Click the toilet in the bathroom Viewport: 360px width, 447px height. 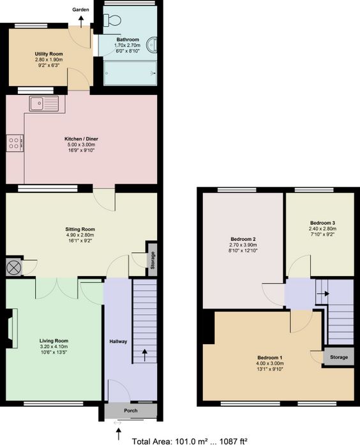click(x=112, y=20)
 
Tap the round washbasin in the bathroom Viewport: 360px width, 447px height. click(x=152, y=45)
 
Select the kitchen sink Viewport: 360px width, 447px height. click(x=43, y=103)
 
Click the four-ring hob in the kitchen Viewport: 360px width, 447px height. click(x=15, y=143)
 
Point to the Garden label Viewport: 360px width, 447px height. click(x=80, y=10)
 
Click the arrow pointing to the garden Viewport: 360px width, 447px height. click(x=81, y=22)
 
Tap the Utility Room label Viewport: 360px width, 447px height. click(x=49, y=54)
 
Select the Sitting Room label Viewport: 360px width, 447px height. click(x=80, y=229)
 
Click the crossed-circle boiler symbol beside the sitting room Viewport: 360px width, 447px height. click(x=14, y=268)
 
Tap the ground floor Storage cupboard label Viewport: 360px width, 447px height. click(x=153, y=260)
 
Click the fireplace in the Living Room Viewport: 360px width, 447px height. click(x=12, y=328)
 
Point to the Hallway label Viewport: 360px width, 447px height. click(x=118, y=341)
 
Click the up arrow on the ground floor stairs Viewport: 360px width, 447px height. click(x=145, y=355)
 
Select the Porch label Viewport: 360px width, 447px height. click(x=131, y=411)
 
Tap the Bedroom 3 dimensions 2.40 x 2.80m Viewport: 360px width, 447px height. click(x=323, y=229)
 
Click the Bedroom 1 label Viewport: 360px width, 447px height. click(x=270, y=358)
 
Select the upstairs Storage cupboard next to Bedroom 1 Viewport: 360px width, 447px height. click(x=339, y=356)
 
